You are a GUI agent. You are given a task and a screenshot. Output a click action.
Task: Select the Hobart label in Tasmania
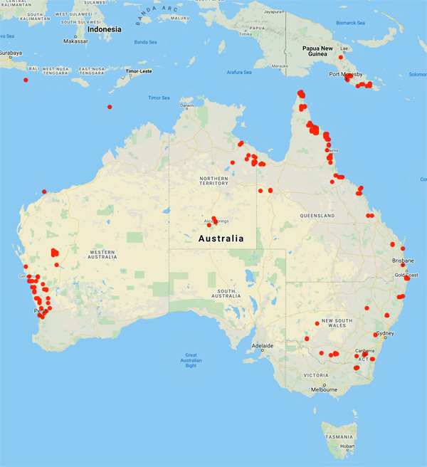(x=347, y=446)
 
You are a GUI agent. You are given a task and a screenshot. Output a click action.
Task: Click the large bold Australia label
(x=221, y=238)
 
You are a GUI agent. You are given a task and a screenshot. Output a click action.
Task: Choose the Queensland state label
(x=317, y=215)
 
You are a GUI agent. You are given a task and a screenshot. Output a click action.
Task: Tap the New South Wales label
(x=338, y=322)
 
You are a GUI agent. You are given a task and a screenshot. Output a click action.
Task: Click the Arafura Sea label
(x=239, y=72)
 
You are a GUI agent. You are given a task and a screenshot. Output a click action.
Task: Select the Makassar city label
(x=75, y=41)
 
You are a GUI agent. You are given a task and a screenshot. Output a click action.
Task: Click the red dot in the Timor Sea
(x=110, y=107)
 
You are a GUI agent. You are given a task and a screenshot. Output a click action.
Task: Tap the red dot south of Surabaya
(x=26, y=80)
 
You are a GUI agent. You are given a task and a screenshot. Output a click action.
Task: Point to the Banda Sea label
(x=146, y=42)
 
